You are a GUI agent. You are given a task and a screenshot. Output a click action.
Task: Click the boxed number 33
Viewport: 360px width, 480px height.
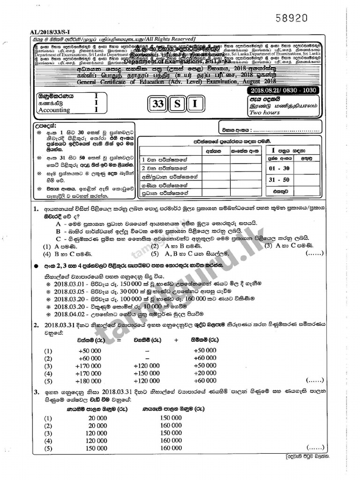(159, 105)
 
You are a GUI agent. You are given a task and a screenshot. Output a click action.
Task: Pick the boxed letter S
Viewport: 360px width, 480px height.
(177, 105)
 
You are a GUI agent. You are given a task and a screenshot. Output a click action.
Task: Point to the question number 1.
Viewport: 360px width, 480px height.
(36, 208)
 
